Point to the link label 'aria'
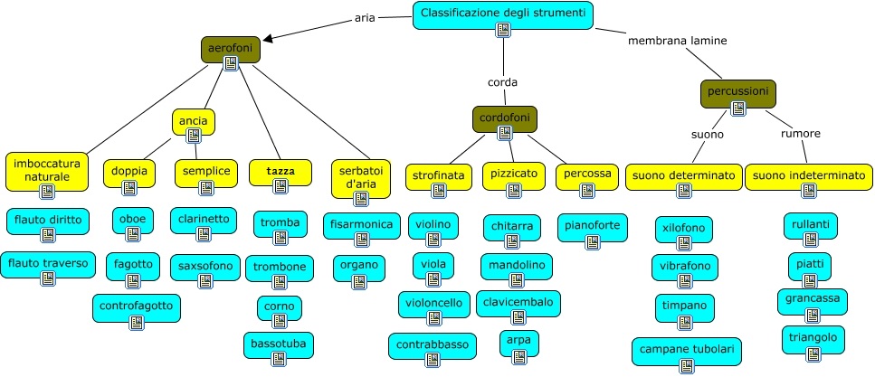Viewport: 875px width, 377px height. tap(366, 18)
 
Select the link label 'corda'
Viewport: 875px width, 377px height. tap(502, 82)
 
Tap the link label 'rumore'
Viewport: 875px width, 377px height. tap(800, 134)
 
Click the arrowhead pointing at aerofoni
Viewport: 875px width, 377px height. tap(269, 38)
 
